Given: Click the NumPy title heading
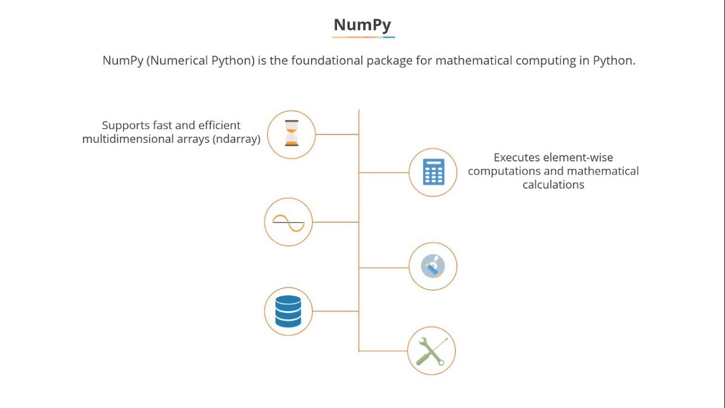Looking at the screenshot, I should coord(362,25).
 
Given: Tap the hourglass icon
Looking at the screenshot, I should coord(291,134).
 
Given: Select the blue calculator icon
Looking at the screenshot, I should coord(433,172).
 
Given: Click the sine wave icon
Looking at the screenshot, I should coord(288,222).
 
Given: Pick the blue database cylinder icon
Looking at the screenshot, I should coord(288,311).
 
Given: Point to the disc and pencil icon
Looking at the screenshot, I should coord(433,266).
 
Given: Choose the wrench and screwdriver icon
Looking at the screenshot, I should coord(432,351).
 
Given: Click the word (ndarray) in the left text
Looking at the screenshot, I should coord(236,139).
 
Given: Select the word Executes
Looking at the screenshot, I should coord(514,158).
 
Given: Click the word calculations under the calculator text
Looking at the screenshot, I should coord(553,185).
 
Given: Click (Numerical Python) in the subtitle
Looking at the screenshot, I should coord(201,61).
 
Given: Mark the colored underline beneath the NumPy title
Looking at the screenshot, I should coord(363,37).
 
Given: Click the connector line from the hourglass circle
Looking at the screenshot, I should coord(336,134).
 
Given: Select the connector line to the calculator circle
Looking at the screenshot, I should coord(383,172).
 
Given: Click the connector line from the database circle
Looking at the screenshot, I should coord(335,311).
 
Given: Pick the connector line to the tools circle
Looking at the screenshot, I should coord(383,351).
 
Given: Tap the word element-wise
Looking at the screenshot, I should coord(578,158).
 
